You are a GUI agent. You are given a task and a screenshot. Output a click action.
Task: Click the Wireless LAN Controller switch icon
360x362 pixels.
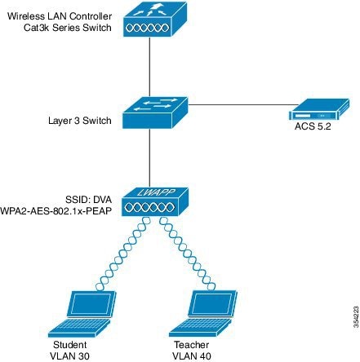[152, 20]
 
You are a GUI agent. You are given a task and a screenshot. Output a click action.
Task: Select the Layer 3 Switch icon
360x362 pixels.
[152, 113]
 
